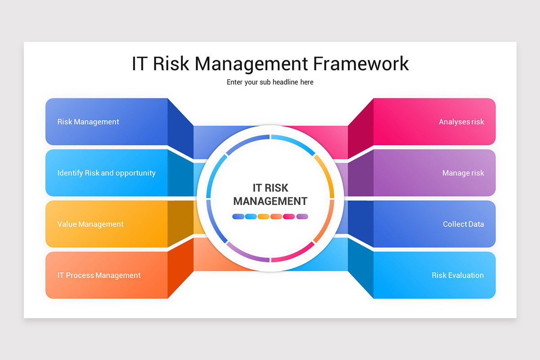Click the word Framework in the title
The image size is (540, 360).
point(361,63)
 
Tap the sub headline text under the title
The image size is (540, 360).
point(270,82)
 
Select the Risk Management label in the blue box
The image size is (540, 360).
point(88,122)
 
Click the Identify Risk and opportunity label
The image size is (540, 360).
point(106,173)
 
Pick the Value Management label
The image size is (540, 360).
point(90,224)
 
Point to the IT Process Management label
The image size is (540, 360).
point(99,275)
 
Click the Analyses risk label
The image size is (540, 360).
point(461,122)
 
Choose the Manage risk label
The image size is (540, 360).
point(463,173)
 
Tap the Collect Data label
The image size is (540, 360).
point(463,224)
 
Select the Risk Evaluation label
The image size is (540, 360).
point(458,275)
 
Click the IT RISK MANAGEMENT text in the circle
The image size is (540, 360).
point(270,194)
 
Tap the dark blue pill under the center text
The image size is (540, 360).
point(238,216)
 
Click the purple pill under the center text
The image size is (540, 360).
point(302,216)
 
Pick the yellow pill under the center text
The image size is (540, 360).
point(264,216)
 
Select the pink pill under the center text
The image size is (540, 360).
point(289,216)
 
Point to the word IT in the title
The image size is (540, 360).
point(139,63)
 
